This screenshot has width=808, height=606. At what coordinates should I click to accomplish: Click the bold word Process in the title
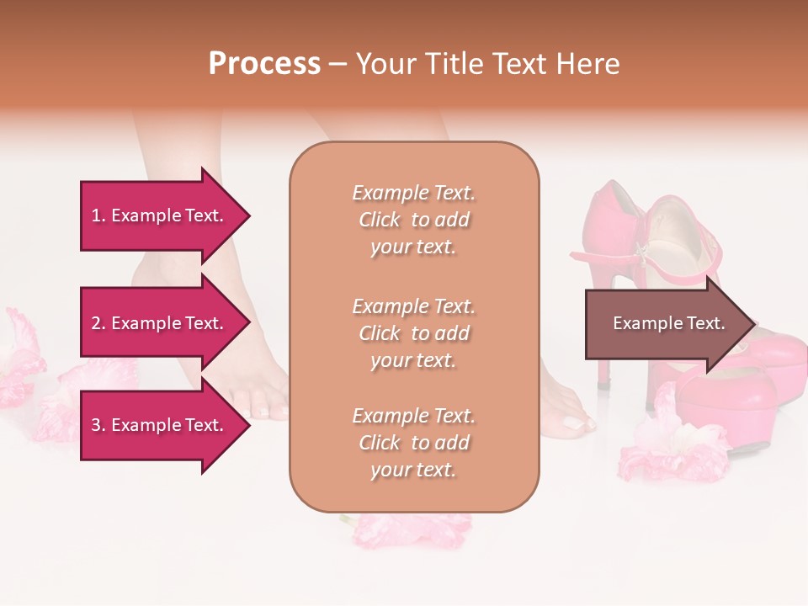(x=264, y=64)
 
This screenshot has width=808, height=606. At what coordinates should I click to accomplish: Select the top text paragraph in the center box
(x=413, y=220)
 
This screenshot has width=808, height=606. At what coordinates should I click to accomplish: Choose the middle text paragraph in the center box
(x=413, y=333)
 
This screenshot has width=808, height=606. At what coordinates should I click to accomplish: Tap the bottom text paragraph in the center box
(x=413, y=443)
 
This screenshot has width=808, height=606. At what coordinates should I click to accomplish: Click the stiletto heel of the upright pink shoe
(x=603, y=362)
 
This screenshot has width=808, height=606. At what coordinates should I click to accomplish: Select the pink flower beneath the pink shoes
(x=673, y=446)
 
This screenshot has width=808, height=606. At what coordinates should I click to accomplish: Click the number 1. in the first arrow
(x=98, y=215)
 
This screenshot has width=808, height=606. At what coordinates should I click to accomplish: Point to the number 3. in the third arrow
(x=98, y=425)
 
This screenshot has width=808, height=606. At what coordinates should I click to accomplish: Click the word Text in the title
(x=522, y=64)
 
